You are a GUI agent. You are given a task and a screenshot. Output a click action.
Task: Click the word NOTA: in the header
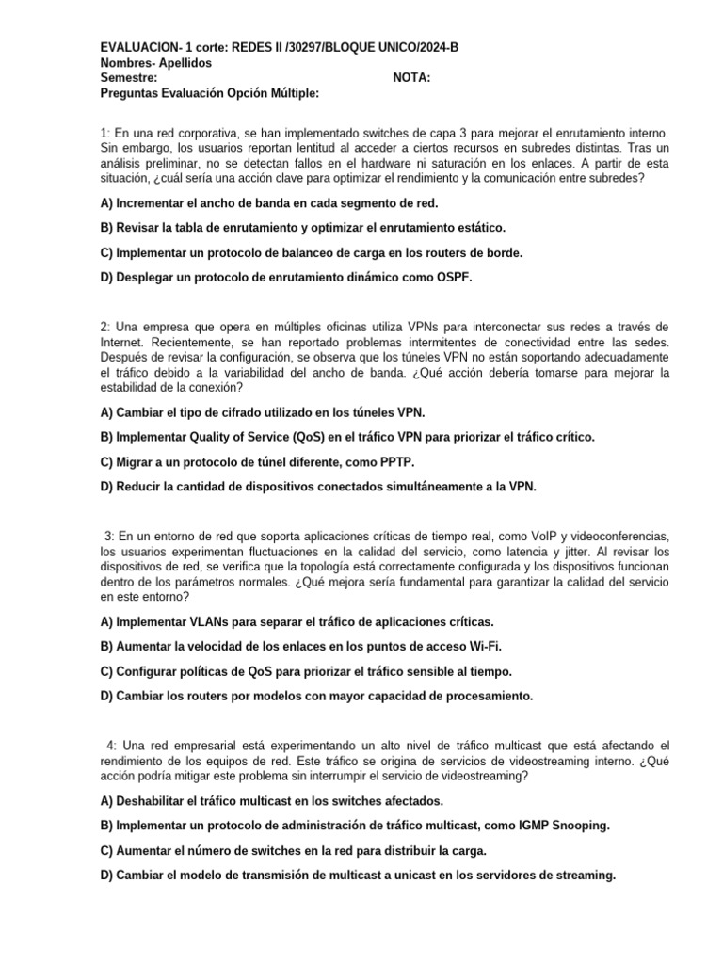(410, 78)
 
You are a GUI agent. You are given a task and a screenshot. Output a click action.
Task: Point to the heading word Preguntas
(130, 93)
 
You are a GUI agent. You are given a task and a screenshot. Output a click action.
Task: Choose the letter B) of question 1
(106, 227)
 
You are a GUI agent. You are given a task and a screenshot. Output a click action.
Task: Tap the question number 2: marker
(105, 326)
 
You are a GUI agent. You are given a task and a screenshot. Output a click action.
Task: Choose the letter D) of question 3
(107, 696)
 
